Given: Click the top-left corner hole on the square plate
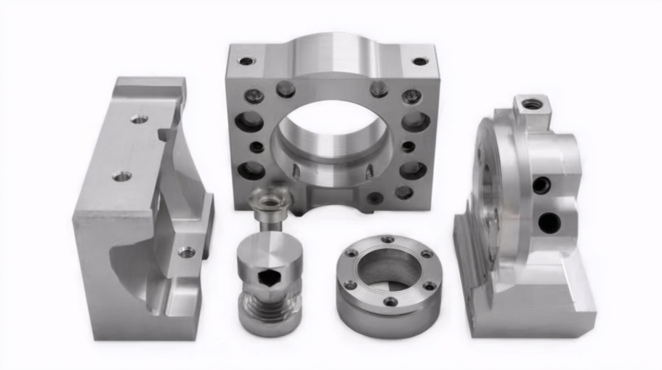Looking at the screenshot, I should pyautogui.click(x=246, y=61).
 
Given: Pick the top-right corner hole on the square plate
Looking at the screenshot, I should pyautogui.click(x=420, y=61).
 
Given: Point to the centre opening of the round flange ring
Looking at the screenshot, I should pyautogui.click(x=389, y=268).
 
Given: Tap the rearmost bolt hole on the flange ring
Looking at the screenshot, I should pyautogui.click(x=387, y=239).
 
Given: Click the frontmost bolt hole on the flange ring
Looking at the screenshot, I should pyautogui.click(x=390, y=301).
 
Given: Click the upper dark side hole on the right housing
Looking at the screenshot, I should pyautogui.click(x=541, y=185).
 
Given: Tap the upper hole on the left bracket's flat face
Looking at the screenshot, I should pyautogui.click(x=139, y=118).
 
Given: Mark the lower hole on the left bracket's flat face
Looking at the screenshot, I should pyautogui.click(x=122, y=176).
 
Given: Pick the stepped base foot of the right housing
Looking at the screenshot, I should pyautogui.click(x=538, y=305).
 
